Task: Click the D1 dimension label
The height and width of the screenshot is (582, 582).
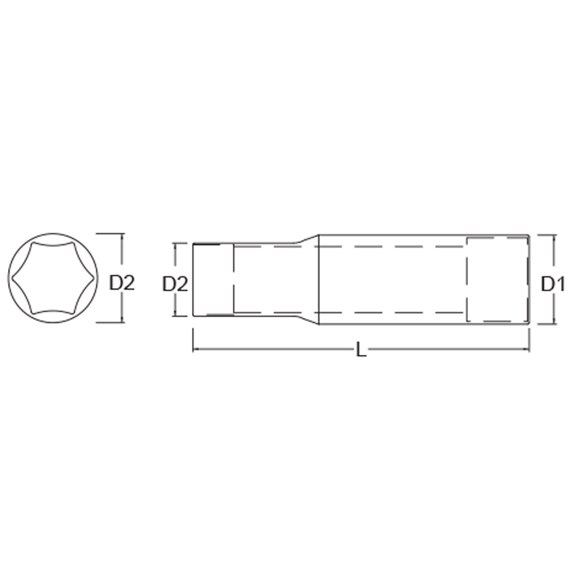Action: point(553,285)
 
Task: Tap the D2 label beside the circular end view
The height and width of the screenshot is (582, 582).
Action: point(122,283)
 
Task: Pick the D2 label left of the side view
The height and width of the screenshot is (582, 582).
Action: point(175,284)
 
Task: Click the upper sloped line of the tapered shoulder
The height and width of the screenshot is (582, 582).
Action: point(307,241)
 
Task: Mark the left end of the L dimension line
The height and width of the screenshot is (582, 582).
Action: point(193,350)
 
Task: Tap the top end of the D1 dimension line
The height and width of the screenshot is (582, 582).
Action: point(555,235)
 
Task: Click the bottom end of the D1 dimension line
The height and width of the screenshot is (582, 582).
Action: point(555,324)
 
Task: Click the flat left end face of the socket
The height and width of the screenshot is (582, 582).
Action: point(193,280)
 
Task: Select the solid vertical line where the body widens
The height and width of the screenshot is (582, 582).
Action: point(319,280)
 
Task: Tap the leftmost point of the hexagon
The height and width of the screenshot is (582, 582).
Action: point(10,279)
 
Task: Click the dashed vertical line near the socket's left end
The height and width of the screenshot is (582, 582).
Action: point(233,280)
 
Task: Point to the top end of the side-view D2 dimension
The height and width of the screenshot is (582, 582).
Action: point(175,244)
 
